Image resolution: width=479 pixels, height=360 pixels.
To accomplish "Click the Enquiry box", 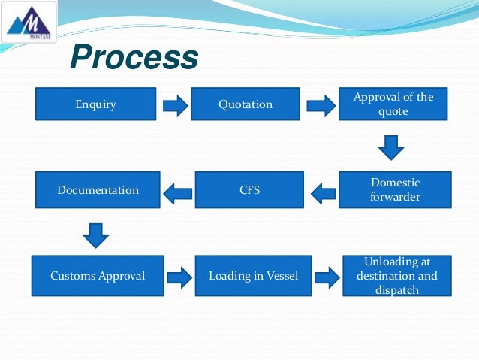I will click(x=95, y=104).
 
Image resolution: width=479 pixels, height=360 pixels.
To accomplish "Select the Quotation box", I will click(x=246, y=104).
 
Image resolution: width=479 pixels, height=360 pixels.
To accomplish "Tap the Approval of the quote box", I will click(x=393, y=104).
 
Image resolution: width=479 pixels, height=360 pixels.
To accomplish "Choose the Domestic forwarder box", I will click(x=395, y=190).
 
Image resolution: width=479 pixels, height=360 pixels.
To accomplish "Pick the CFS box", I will click(x=249, y=190).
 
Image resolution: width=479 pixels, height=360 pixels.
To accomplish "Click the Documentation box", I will click(x=98, y=190).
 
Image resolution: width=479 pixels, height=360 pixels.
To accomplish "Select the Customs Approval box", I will click(x=98, y=276).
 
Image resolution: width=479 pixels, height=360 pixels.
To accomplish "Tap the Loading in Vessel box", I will click(x=253, y=276).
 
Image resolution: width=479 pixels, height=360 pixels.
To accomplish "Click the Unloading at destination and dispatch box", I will click(x=396, y=276).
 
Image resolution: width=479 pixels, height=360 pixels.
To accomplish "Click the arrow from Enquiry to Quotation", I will click(x=175, y=105).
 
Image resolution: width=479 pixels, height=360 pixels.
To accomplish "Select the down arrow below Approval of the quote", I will click(x=391, y=147).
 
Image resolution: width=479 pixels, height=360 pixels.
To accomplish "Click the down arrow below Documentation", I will click(x=95, y=234).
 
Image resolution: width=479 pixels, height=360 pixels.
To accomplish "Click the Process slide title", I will click(x=134, y=57).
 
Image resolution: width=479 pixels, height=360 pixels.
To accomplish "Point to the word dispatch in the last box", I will click(x=396, y=290).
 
